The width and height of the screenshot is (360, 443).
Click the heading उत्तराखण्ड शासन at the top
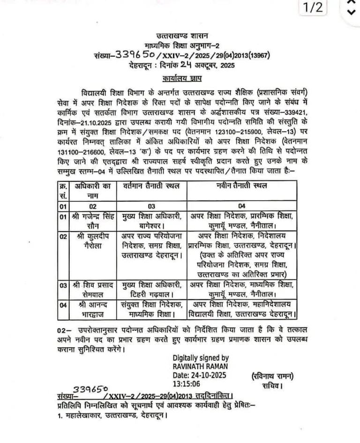pyautogui.click(x=182, y=36)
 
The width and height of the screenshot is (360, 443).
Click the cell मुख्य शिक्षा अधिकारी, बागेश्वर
pyautogui.click(x=149, y=221)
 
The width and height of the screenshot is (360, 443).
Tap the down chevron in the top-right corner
pyautogui.click(x=350, y=12)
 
